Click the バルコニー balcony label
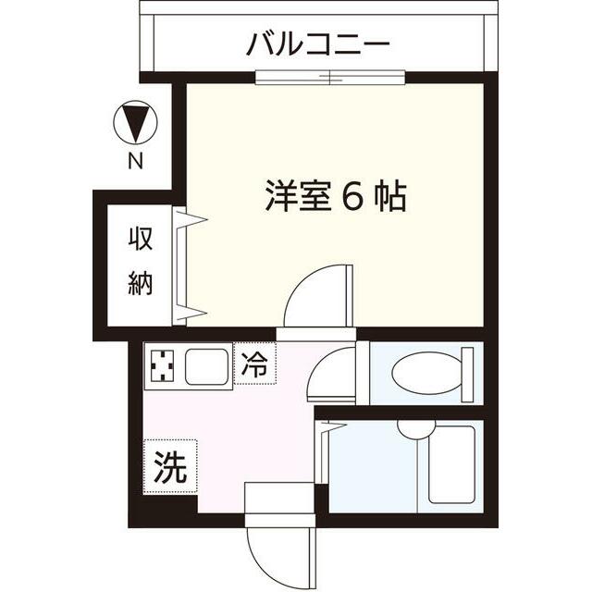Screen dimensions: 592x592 318,44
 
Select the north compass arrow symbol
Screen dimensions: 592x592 136,125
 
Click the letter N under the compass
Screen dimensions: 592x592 136,162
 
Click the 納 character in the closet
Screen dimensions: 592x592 141,284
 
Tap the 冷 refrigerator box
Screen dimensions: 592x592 254,364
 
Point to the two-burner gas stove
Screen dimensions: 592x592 163,367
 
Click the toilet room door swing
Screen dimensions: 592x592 331,375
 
